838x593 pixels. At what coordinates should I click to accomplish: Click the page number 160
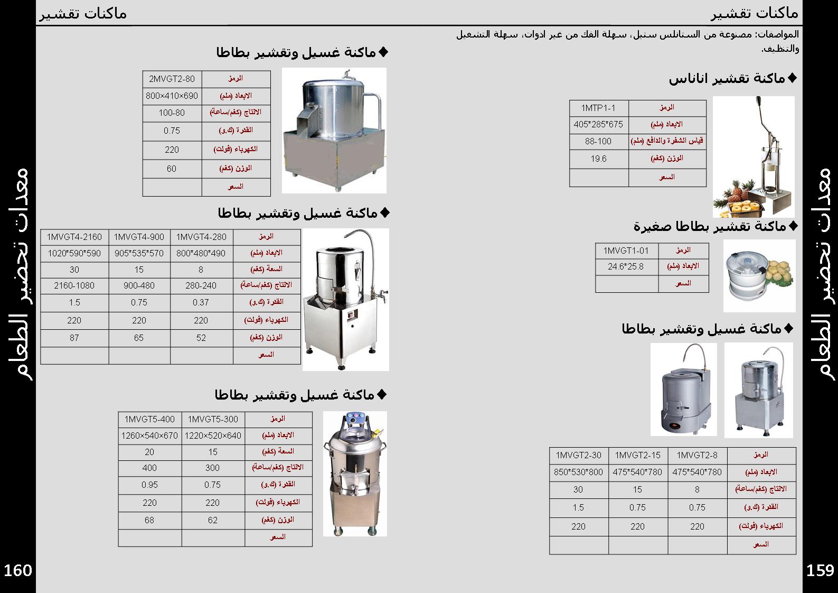point(18,570)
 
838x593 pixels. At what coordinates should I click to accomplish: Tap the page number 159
point(820,570)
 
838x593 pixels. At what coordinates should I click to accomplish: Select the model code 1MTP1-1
point(598,108)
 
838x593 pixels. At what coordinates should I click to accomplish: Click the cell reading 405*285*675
point(598,125)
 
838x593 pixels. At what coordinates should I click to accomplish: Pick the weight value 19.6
point(598,159)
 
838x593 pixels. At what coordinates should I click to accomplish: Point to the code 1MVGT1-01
point(626,250)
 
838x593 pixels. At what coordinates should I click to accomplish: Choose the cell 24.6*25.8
point(626,266)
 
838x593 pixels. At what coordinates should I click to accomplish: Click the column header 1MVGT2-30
point(578,455)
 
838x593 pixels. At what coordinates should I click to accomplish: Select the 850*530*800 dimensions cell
point(578,472)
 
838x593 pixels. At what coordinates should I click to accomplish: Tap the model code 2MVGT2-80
point(172,79)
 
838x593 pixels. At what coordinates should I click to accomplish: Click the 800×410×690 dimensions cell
point(172,96)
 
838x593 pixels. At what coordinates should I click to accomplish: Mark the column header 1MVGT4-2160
point(74,237)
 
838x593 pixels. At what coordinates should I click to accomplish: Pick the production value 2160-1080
point(74,285)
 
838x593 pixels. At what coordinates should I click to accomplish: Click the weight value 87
point(74,338)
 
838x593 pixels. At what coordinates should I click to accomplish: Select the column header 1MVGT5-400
point(149,419)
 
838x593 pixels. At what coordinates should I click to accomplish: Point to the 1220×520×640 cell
point(213,436)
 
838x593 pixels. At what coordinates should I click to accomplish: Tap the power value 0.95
point(149,485)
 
